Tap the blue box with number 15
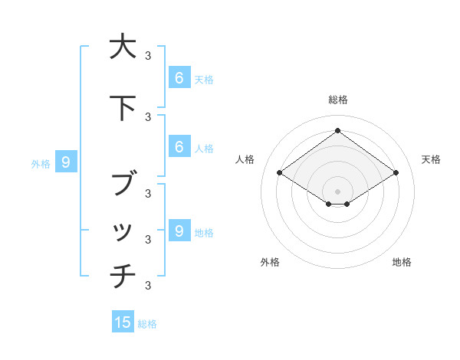pos(123,322)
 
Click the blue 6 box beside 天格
pos(179,77)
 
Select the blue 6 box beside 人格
pos(179,147)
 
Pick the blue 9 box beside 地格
pos(179,231)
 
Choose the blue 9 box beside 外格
pos(66,162)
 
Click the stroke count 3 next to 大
pos(148,55)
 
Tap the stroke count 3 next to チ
pos(148,286)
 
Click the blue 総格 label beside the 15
pos(147,324)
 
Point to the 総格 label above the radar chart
pos(338,100)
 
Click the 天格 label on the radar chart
pos(432,159)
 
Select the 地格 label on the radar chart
pos(402,262)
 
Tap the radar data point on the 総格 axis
pos(337,131)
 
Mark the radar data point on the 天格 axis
pos(396,173)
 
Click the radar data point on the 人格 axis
pos(280,173)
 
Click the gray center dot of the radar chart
pos(337,191)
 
